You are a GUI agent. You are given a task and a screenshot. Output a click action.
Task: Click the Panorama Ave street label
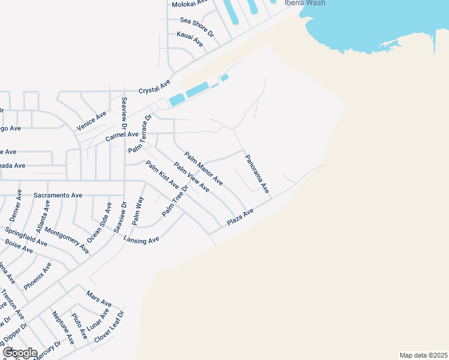click(256, 173)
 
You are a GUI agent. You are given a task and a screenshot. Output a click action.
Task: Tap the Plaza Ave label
click(240, 217)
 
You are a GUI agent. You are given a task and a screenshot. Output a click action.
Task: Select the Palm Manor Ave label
click(203, 168)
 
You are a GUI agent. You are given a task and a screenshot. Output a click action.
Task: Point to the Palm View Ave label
click(191, 177)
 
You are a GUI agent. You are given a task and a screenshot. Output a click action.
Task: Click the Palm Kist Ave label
click(161, 175)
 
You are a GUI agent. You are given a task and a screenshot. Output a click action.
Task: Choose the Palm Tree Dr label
click(175, 200)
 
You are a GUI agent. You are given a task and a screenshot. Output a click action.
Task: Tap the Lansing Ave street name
click(141, 239)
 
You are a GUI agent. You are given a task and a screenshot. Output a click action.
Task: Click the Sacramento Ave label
click(58, 195)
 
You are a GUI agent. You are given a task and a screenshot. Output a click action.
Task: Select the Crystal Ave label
click(155, 86)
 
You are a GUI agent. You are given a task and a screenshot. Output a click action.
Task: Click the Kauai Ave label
click(190, 40)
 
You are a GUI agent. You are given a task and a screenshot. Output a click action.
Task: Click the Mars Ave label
click(99, 299)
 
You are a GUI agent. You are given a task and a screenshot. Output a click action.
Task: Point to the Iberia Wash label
click(304, 3)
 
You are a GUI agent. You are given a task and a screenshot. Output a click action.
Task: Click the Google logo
click(20, 352)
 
